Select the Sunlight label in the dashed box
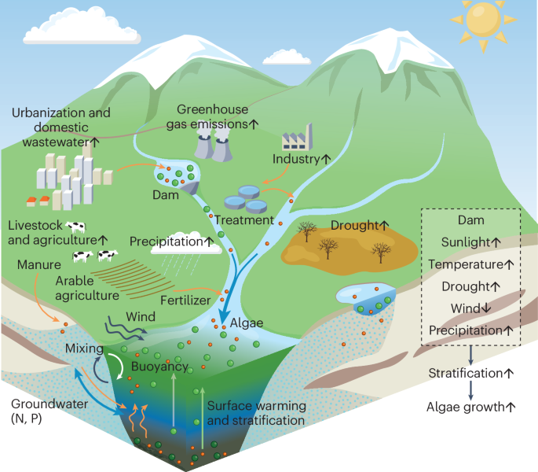point(470,242)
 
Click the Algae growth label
point(470,407)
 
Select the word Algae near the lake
point(247,323)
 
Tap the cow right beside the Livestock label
point(76,227)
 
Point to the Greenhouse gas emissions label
point(218,116)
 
